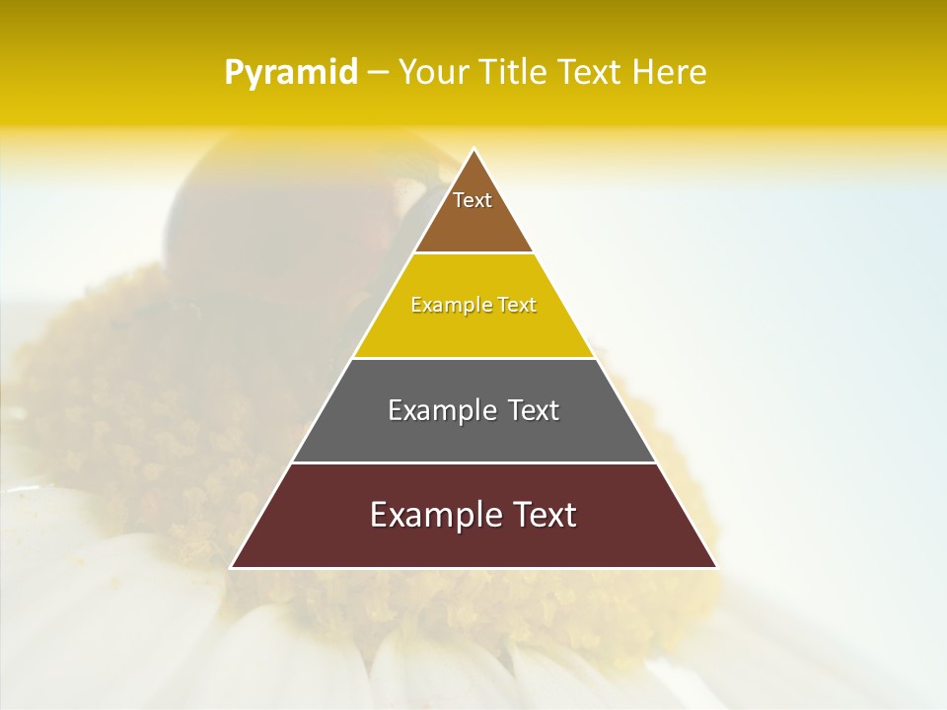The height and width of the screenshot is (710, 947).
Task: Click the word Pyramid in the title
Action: tap(291, 72)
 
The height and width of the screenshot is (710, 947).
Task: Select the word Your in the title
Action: tap(433, 72)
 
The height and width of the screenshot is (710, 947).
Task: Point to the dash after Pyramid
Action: tap(378, 73)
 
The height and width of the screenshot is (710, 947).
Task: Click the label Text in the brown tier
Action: tap(473, 200)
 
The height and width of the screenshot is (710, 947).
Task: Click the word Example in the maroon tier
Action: tap(429, 515)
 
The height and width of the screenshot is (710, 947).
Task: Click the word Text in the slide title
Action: tap(588, 72)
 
